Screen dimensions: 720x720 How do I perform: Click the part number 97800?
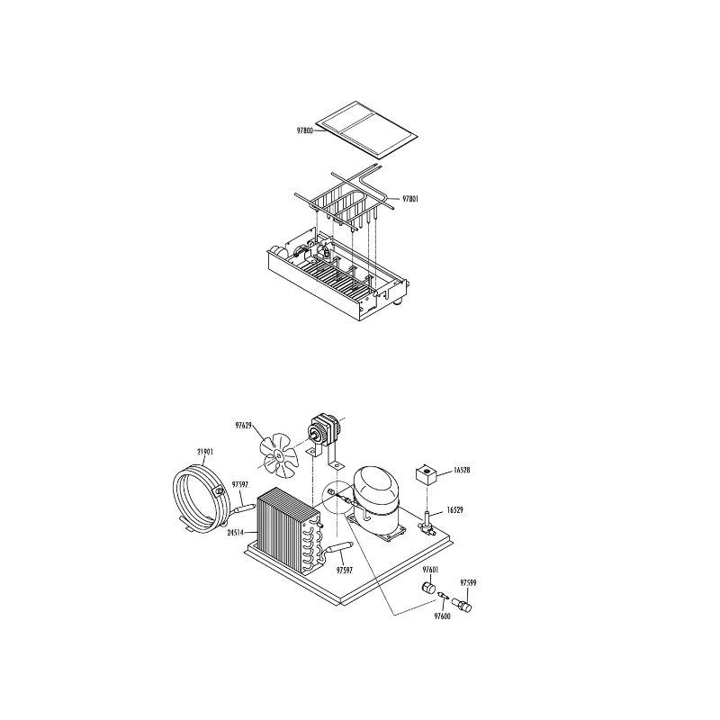(x=304, y=130)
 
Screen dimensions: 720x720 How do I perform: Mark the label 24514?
(x=237, y=533)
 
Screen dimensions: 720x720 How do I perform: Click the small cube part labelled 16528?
(x=426, y=473)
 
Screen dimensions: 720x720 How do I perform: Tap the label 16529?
(x=454, y=510)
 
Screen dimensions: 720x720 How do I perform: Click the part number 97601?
(x=430, y=570)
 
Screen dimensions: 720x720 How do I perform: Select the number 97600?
(x=441, y=616)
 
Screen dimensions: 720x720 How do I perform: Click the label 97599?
(x=469, y=583)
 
